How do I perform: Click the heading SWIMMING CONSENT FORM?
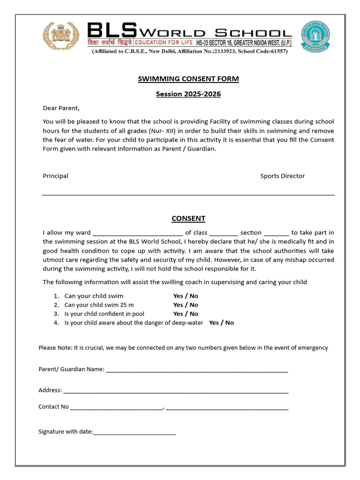pyautogui.click(x=188, y=79)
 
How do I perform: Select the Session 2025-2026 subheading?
pyautogui.click(x=188, y=94)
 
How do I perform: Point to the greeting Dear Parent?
pyautogui.click(x=61, y=108)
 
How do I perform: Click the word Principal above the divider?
pyautogui.click(x=56, y=176)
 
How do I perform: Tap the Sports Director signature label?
pyautogui.click(x=282, y=176)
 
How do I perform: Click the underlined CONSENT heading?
pyautogui.click(x=188, y=218)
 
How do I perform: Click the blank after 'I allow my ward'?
pyautogui.click(x=138, y=233)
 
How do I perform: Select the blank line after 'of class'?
pyautogui.click(x=224, y=233)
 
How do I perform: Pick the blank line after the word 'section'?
pyautogui.click(x=277, y=233)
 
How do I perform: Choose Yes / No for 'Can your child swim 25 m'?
pyautogui.click(x=186, y=305)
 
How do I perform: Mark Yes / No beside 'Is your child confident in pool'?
pyautogui.click(x=186, y=314)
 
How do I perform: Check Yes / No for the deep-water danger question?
pyautogui.click(x=221, y=323)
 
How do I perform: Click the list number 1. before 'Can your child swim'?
pyautogui.click(x=56, y=296)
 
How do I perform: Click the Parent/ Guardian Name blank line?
pyautogui.click(x=197, y=370)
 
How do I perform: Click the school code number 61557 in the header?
pyautogui.click(x=276, y=52)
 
